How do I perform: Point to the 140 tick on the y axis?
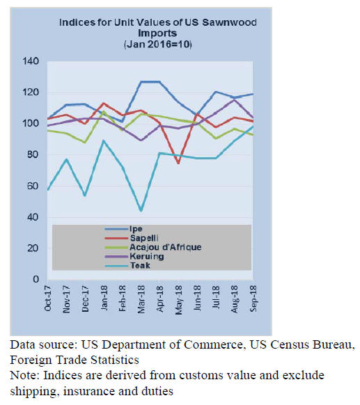pos(31,61)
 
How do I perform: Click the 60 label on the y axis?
pos(33,186)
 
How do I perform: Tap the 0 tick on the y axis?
pos(36,279)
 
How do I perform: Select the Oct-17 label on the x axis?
pos(48,299)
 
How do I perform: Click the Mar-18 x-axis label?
pos(141,299)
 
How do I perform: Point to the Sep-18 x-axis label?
pos(253,299)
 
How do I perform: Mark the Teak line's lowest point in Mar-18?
pos(141,211)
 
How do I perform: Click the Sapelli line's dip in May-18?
pos(178,164)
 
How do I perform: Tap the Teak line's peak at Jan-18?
pos(104,141)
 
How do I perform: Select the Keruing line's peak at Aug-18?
pos(234,100)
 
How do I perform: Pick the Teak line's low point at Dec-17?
pos(85,196)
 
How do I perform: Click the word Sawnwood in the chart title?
pos(230,22)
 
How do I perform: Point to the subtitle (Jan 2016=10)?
pos(158,45)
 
